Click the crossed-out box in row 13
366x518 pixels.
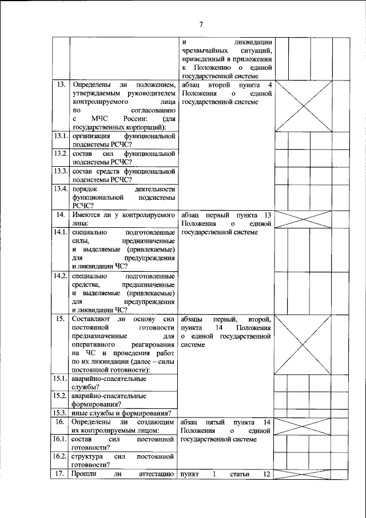tap(304, 106)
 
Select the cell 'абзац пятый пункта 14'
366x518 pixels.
tap(225, 421)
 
